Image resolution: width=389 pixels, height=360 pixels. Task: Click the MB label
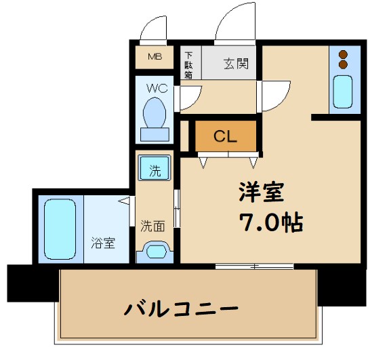[x=154, y=56]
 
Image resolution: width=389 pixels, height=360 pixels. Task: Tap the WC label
[x=157, y=88]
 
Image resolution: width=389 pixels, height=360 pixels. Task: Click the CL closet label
[x=226, y=136]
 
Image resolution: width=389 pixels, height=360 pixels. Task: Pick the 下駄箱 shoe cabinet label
[x=189, y=65]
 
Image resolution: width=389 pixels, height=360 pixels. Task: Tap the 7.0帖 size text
[x=269, y=222]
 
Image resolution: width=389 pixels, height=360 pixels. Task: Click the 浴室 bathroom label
[x=104, y=243]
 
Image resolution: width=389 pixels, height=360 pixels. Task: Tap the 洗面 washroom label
[x=152, y=226]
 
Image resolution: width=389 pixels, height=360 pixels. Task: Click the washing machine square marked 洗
[x=155, y=168]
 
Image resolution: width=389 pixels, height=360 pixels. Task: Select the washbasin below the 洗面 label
[x=156, y=253]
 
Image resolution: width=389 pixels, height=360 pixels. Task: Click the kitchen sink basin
[x=343, y=92]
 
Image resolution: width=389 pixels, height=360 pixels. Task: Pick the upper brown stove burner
[x=343, y=54]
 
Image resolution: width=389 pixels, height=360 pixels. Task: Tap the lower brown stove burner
[x=343, y=65]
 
